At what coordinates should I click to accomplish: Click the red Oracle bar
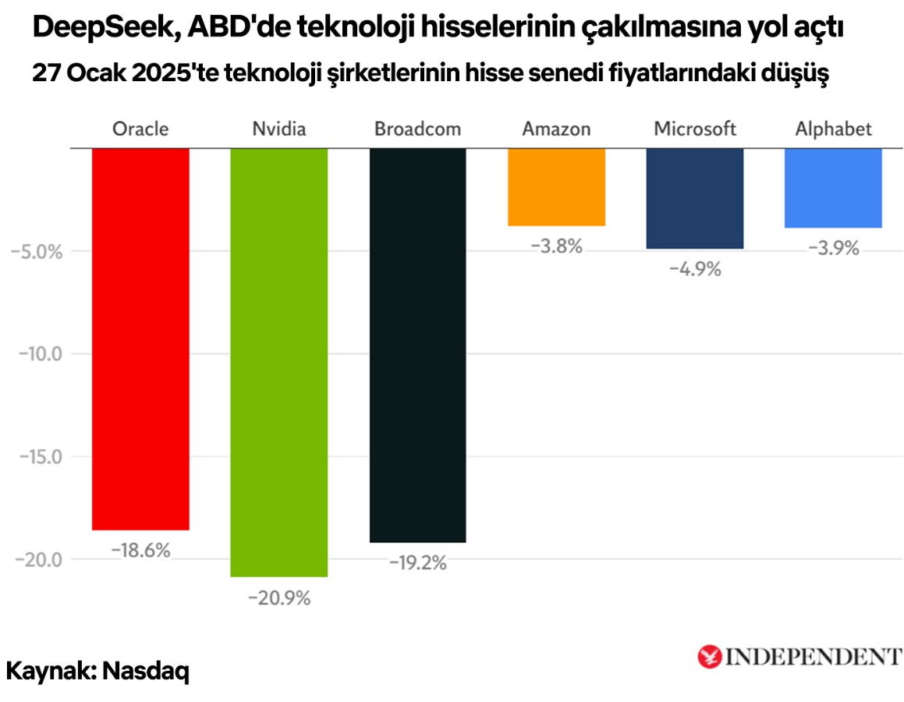coord(140,339)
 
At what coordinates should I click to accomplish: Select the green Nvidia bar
coord(278,362)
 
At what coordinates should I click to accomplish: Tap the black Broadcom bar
coord(417,345)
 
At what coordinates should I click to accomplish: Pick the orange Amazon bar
coord(556,187)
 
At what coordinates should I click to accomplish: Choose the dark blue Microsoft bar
coord(695,198)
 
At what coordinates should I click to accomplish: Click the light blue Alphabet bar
coord(833,188)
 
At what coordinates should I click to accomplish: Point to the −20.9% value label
coord(279,599)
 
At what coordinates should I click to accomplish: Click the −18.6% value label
coord(140,551)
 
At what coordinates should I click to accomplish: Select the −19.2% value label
coord(417,562)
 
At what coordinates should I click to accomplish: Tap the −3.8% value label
coord(556,246)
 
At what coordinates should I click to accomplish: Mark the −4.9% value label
coord(695,269)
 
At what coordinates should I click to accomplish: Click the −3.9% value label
coord(833,249)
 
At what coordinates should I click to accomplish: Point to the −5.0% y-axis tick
coord(34,251)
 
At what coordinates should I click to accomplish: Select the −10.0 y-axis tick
coord(39,354)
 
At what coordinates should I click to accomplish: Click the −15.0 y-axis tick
coord(39,457)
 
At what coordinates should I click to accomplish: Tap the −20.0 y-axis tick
coord(39,560)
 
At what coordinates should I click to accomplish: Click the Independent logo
coord(799,656)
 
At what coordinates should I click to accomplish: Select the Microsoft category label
coord(695,129)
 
